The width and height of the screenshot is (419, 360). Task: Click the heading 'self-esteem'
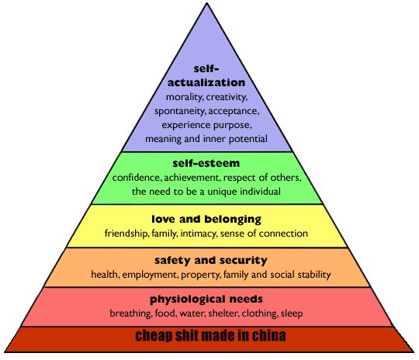[x=206, y=163]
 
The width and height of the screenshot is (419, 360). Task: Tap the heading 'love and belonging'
[x=206, y=220]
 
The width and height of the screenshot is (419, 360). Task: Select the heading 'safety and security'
[x=211, y=261]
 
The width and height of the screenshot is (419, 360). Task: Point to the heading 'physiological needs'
[x=206, y=299]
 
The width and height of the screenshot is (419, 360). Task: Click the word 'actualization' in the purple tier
[x=206, y=82]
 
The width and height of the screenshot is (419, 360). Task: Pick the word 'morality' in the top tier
[x=185, y=97]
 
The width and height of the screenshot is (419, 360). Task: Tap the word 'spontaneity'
[x=180, y=111]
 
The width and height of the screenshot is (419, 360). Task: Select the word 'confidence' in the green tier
[x=137, y=178]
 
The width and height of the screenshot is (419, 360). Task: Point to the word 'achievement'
[x=192, y=178]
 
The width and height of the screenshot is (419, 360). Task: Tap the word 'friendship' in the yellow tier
[x=126, y=234]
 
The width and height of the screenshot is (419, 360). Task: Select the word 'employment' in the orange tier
[x=151, y=275]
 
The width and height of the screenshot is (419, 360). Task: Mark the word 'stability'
[x=314, y=275]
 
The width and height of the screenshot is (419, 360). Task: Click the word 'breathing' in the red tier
[x=131, y=313]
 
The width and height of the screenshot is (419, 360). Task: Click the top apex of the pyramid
[x=206, y=3]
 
